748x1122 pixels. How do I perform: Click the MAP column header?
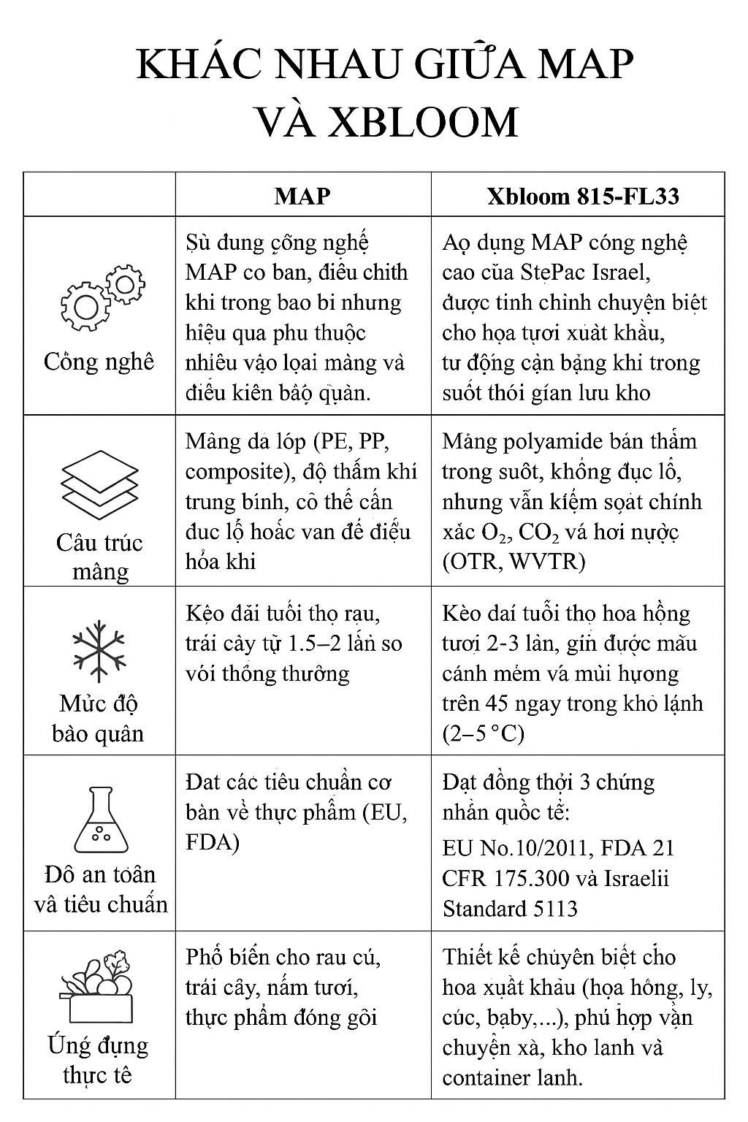tap(302, 196)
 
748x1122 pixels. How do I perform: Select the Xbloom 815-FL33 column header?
tap(583, 196)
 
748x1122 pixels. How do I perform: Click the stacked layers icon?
tap(99, 483)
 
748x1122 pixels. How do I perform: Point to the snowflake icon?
tap(99, 652)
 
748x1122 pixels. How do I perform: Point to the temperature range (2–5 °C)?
tap(484, 733)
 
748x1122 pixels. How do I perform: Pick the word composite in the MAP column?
tap(232, 471)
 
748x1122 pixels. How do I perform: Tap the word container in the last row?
tap(486, 1077)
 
